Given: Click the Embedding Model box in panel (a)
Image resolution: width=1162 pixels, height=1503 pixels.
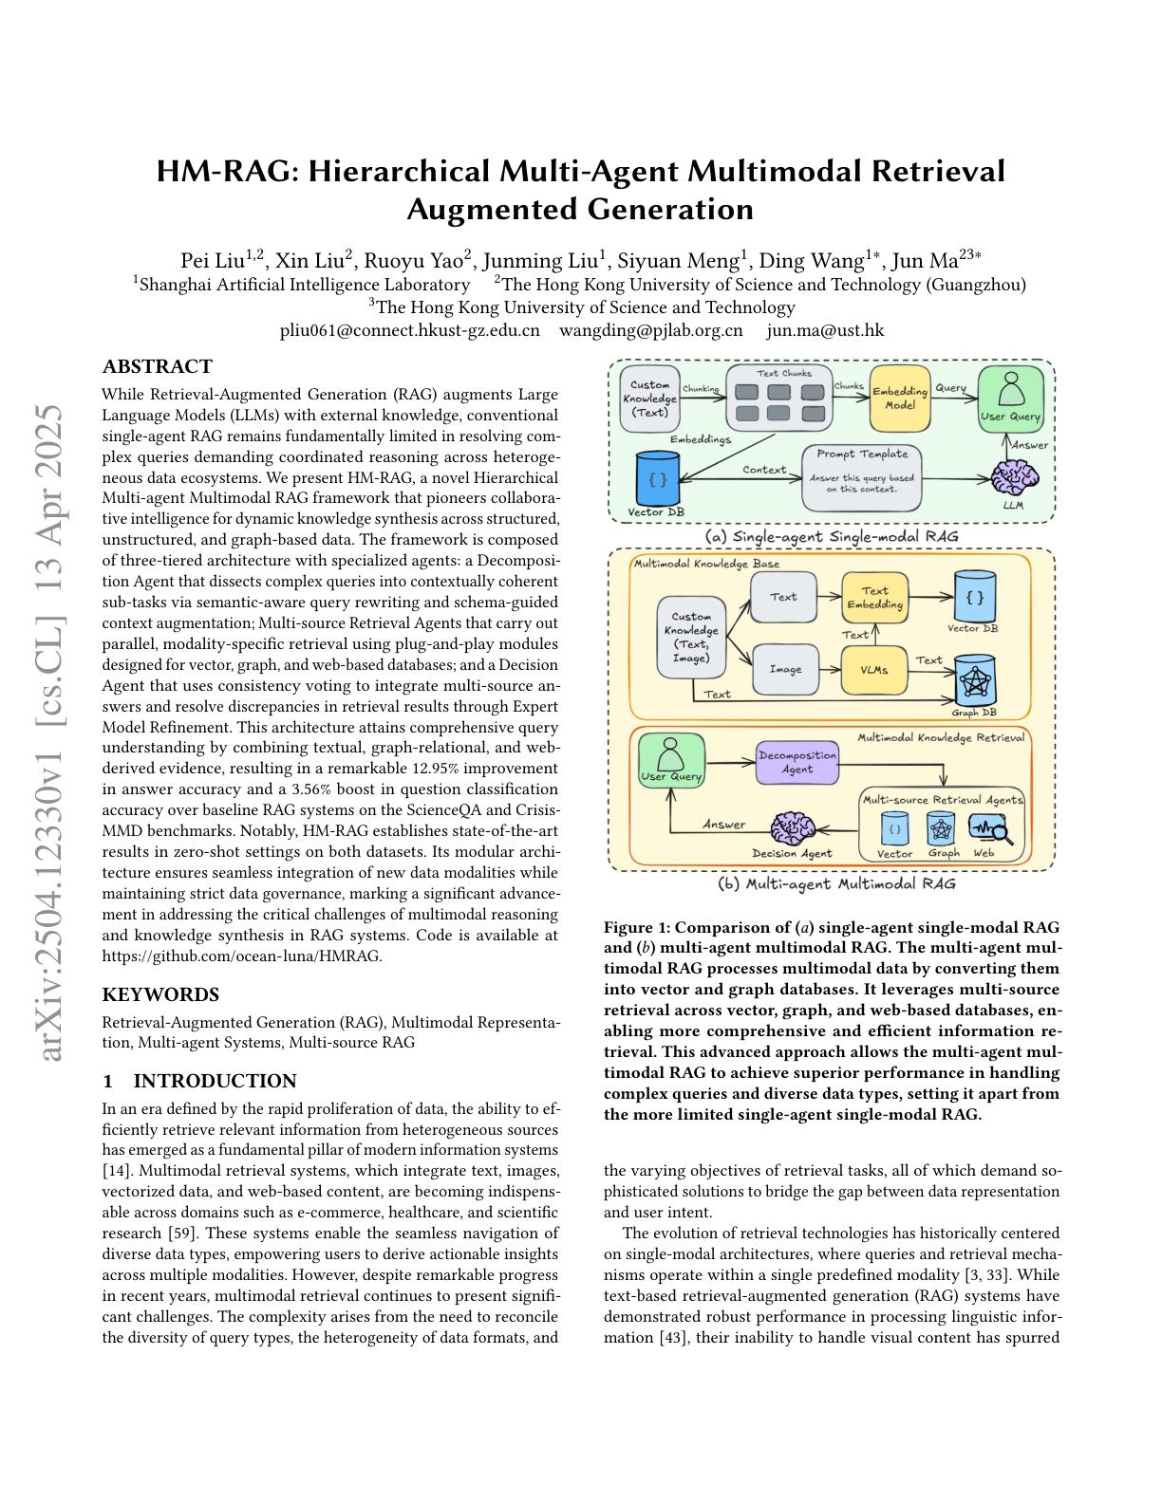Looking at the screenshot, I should [x=900, y=398].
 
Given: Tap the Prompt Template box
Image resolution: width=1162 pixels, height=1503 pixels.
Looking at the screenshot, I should [x=862, y=477].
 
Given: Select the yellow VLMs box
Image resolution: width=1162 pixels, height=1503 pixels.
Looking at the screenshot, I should [x=873, y=669].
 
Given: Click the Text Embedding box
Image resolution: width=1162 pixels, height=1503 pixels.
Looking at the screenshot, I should [x=874, y=597].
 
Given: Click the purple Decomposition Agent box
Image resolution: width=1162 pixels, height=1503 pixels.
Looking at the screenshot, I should [x=797, y=762].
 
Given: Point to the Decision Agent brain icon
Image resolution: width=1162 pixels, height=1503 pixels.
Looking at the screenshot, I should [x=792, y=828].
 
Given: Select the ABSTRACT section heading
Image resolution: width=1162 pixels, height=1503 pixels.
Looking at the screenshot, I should [x=158, y=366].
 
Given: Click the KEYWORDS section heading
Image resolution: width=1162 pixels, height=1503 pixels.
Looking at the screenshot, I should [x=160, y=994].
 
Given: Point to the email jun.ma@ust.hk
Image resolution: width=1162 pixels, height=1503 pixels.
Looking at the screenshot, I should [x=825, y=330].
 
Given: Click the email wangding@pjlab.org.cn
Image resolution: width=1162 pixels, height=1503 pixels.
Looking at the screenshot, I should [x=651, y=330].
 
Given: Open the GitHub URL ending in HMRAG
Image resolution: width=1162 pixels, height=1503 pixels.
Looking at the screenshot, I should [x=242, y=956].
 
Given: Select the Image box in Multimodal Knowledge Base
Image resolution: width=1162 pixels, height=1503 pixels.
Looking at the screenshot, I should [x=785, y=669].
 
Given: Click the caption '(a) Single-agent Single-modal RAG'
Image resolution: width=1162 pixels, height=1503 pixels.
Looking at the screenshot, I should [x=832, y=536].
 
